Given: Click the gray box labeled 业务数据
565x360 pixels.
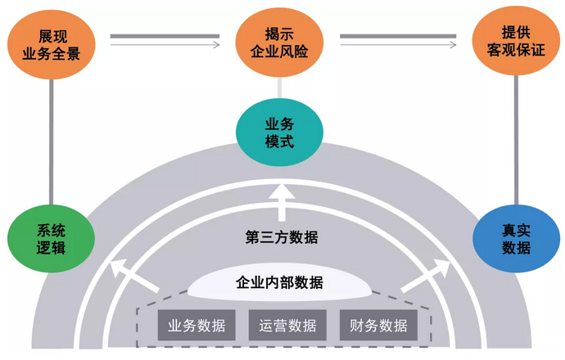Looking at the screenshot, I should point(197,325).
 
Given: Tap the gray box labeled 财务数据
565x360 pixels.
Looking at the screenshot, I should point(377,325).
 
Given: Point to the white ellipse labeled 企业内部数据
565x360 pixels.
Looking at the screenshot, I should point(279,284).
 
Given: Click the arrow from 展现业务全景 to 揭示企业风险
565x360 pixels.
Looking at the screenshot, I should point(165,39).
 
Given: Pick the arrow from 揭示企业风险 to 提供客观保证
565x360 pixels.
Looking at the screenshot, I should point(398,39).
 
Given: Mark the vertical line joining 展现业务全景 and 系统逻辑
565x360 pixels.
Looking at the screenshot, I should point(51,139).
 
